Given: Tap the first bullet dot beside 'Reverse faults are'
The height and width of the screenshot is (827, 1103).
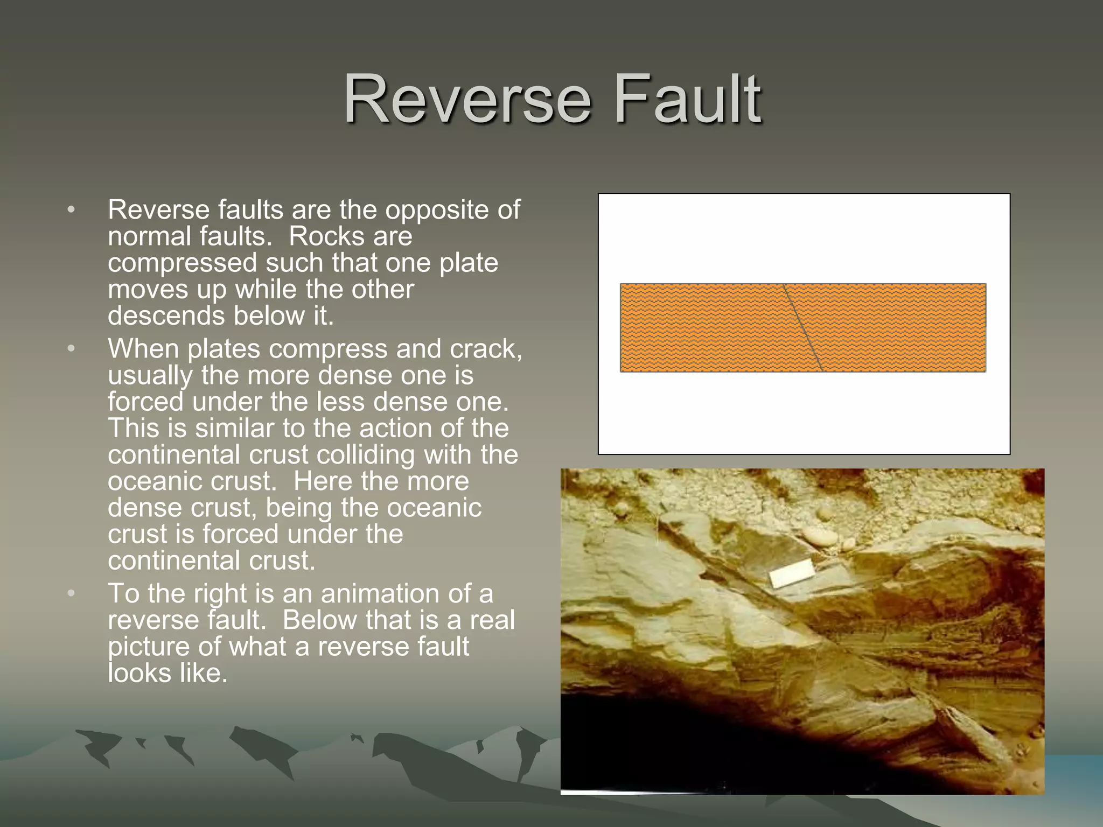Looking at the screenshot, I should click(72, 210).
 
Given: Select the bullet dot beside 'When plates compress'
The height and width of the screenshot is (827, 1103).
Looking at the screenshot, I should click(72, 349).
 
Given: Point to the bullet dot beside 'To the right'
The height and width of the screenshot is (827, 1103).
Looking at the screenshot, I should click(72, 594).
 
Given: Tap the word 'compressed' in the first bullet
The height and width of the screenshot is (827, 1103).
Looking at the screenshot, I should click(182, 263).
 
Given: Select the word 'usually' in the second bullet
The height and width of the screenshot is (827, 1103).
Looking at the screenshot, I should click(150, 376).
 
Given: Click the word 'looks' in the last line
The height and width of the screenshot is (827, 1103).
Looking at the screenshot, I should click(139, 673).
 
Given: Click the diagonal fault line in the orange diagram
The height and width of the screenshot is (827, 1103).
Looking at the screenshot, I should click(803, 328).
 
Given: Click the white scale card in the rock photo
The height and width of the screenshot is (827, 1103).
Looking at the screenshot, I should click(792, 573).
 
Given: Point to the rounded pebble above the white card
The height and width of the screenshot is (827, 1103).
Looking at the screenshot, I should click(819, 536).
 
